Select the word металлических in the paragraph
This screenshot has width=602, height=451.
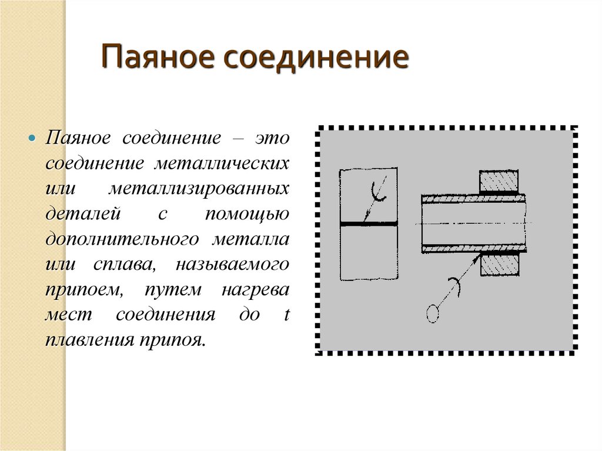pyautogui.click(x=222, y=163)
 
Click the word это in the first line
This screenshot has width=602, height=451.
pyautogui.click(x=272, y=138)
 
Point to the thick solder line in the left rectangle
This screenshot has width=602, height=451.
pyautogui.click(x=368, y=224)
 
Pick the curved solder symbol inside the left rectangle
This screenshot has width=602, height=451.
pyautogui.click(x=377, y=192)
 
